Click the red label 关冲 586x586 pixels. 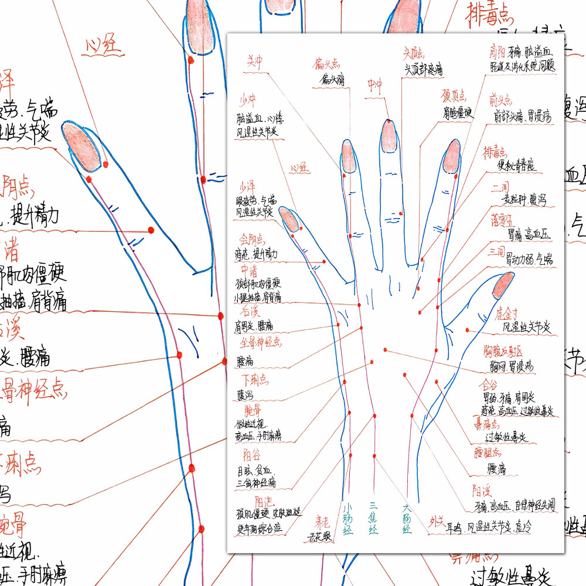click(x=254, y=62)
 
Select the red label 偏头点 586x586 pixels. click(x=326, y=63)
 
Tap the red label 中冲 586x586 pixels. click(x=374, y=86)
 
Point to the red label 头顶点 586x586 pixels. click(x=413, y=53)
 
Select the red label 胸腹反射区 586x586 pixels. click(x=503, y=351)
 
